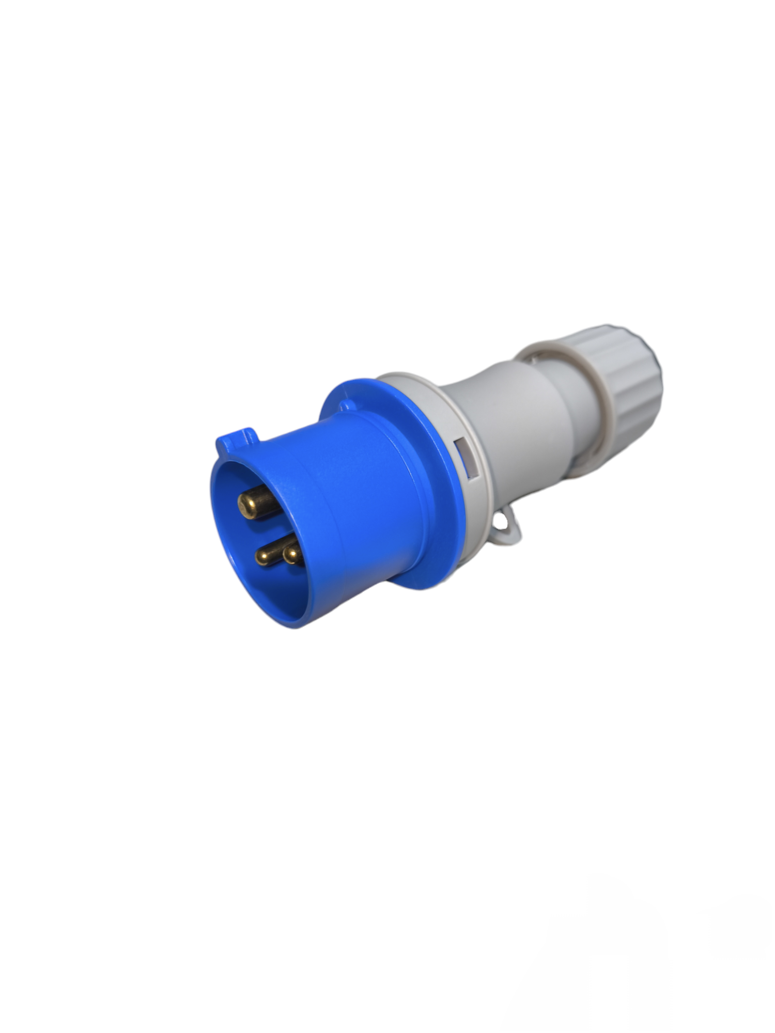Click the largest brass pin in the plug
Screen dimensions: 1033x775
(256, 502)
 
